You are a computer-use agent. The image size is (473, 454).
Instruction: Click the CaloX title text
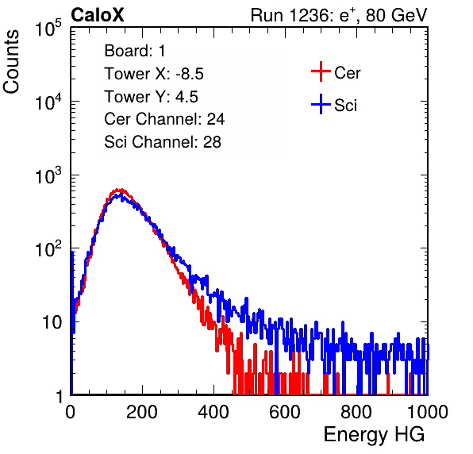(97, 15)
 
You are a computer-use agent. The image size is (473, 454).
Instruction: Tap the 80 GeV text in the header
(397, 15)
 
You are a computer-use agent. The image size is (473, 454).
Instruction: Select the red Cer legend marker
(321, 71)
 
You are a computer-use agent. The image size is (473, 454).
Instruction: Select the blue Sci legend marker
(321, 104)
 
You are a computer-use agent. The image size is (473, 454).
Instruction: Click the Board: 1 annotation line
(135, 51)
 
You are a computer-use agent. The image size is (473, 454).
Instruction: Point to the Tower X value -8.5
(190, 74)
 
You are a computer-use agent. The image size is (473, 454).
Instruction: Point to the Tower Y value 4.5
(187, 97)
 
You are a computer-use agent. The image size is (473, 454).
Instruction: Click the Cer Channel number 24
(216, 119)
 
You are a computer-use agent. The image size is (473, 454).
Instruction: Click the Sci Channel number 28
(212, 142)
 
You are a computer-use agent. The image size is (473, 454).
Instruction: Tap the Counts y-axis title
(11, 62)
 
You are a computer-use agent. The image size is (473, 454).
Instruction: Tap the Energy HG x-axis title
(374, 435)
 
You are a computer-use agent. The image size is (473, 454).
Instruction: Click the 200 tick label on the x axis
(142, 412)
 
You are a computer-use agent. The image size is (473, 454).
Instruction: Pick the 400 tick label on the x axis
(213, 412)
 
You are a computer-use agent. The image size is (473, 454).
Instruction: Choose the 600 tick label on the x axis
(285, 412)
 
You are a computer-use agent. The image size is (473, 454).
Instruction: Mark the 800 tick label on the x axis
(356, 412)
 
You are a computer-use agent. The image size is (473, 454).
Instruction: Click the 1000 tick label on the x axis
(428, 412)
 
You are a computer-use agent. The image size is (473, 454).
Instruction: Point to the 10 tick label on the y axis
(52, 322)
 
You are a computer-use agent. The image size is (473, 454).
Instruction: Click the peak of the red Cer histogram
(120, 190)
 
